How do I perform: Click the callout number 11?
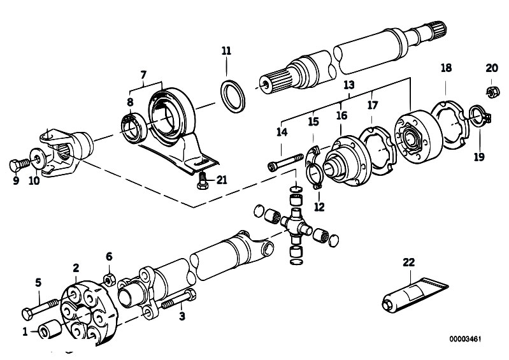226,51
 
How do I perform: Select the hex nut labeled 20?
491,92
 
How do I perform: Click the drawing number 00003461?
465,339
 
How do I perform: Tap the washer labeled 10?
38,159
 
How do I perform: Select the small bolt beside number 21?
202,180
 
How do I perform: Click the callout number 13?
349,85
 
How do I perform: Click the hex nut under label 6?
110,279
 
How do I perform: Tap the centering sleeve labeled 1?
50,329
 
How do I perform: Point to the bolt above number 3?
179,299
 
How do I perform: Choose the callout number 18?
447,68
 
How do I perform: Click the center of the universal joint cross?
296,225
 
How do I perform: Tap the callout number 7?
143,75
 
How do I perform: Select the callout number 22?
409,263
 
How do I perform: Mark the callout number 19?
479,157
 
